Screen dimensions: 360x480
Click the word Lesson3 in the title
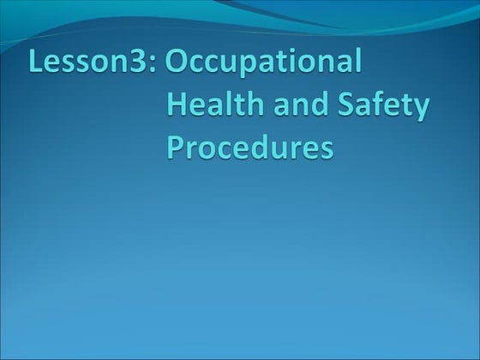coord(87,64)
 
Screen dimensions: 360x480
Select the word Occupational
coord(265,66)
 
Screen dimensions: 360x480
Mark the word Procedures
coord(249,147)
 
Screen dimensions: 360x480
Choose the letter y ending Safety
coord(418,111)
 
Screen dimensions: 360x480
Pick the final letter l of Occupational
coord(358,63)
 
